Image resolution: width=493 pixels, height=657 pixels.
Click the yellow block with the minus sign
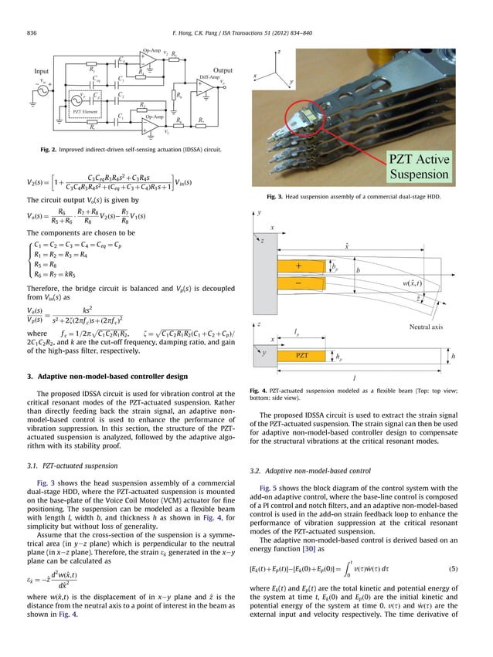(x=299, y=284)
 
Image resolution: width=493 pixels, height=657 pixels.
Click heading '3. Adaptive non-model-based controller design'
(x=107, y=376)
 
